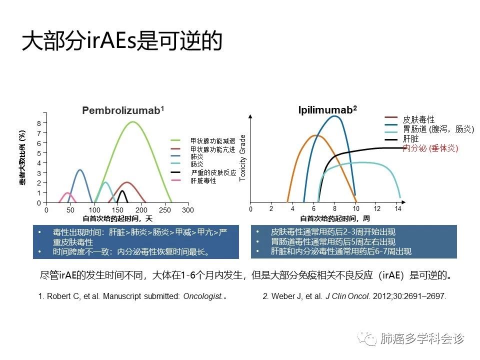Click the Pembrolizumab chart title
tap(123, 110)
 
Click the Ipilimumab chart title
tap(327, 109)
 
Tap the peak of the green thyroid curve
tap(133, 122)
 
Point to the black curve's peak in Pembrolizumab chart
tap(122, 190)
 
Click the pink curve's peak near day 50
tap(67, 193)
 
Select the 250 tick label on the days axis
tap(164, 210)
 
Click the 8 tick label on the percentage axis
tap(39, 123)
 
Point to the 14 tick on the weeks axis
tap(397, 209)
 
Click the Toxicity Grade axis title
tap(242, 158)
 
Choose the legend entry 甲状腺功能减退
tap(213, 141)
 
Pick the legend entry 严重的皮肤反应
tap(213, 172)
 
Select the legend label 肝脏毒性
tap(203, 180)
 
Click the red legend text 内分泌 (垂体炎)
tap(430, 148)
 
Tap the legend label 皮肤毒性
tap(418, 119)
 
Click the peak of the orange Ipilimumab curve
tap(315, 135)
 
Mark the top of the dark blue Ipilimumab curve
tap(335, 116)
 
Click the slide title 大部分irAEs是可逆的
tap(122, 40)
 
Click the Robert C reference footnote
tap(132, 296)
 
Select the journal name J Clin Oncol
tap(347, 296)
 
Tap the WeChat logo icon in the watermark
tap(367, 338)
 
